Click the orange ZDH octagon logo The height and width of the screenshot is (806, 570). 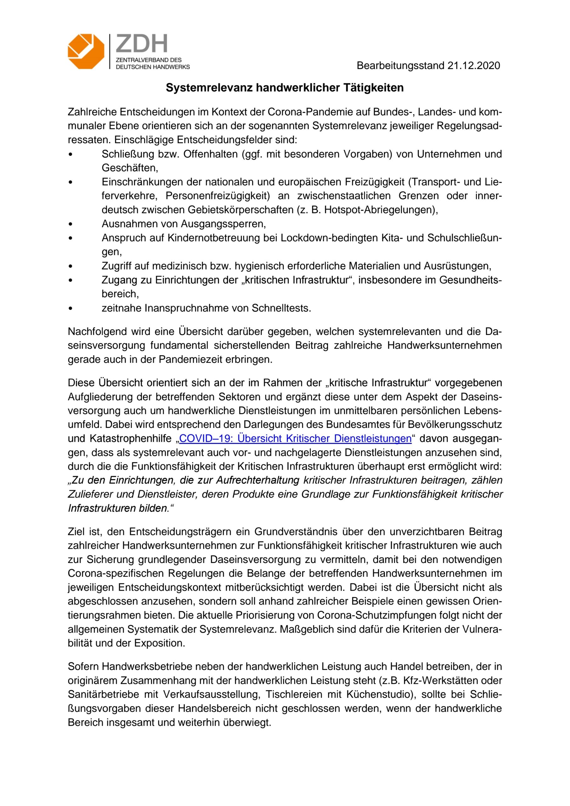coord(86,51)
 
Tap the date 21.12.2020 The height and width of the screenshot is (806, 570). coord(473,65)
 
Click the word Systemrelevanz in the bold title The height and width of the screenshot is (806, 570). coord(209,88)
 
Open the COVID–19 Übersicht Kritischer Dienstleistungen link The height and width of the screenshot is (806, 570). coord(295,439)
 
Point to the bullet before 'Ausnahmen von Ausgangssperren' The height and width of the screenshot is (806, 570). coord(71,224)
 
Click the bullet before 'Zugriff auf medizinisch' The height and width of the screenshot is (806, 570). coord(71,266)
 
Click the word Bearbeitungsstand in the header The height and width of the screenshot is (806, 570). coord(400,65)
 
